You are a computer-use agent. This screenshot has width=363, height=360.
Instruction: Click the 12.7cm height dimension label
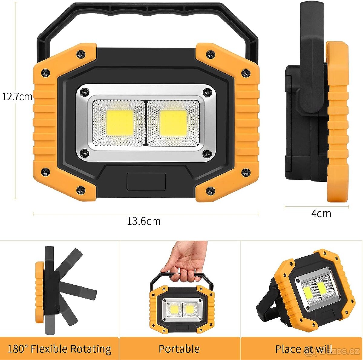click(17, 97)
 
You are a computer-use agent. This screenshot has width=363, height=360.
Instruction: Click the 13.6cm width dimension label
click(144, 221)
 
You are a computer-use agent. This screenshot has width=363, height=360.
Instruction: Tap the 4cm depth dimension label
click(321, 213)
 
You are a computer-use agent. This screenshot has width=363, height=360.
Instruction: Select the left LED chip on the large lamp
click(120, 122)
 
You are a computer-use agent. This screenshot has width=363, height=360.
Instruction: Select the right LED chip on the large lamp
click(173, 122)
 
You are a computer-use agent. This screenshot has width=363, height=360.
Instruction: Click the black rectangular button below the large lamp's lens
click(146, 181)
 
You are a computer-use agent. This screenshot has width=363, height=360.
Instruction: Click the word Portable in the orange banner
click(179, 349)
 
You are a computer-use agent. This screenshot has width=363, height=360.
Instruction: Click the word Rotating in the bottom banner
click(90, 349)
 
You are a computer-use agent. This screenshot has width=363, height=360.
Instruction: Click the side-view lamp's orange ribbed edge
click(337, 121)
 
